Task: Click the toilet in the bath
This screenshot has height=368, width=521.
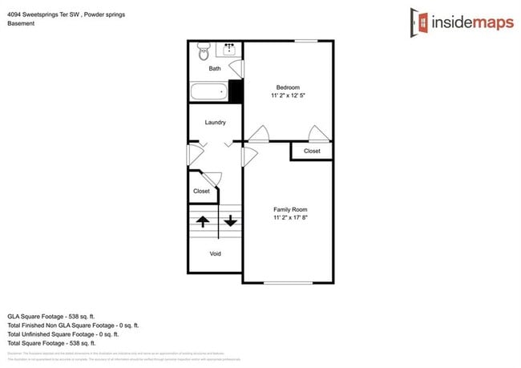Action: tap(202, 52)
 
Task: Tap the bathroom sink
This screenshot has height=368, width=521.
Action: tap(229, 49)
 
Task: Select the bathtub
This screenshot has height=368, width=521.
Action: tap(209, 91)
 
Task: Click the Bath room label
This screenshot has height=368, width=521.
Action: tap(215, 69)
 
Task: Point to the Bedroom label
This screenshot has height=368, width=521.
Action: tap(288, 87)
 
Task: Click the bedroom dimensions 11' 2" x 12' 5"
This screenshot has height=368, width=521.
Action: tap(288, 95)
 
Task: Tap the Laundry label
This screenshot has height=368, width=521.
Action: tap(215, 123)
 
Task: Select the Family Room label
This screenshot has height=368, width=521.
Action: tap(290, 209)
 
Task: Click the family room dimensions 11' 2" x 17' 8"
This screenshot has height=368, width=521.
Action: tap(290, 217)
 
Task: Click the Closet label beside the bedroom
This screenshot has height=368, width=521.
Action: tap(312, 151)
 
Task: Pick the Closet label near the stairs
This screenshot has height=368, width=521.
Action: tap(201, 192)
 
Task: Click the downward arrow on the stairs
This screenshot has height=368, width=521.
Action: tap(230, 220)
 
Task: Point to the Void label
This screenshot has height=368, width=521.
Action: tap(215, 254)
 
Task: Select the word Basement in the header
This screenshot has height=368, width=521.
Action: tap(22, 24)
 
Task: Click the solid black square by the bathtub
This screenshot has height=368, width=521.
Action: tap(236, 91)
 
